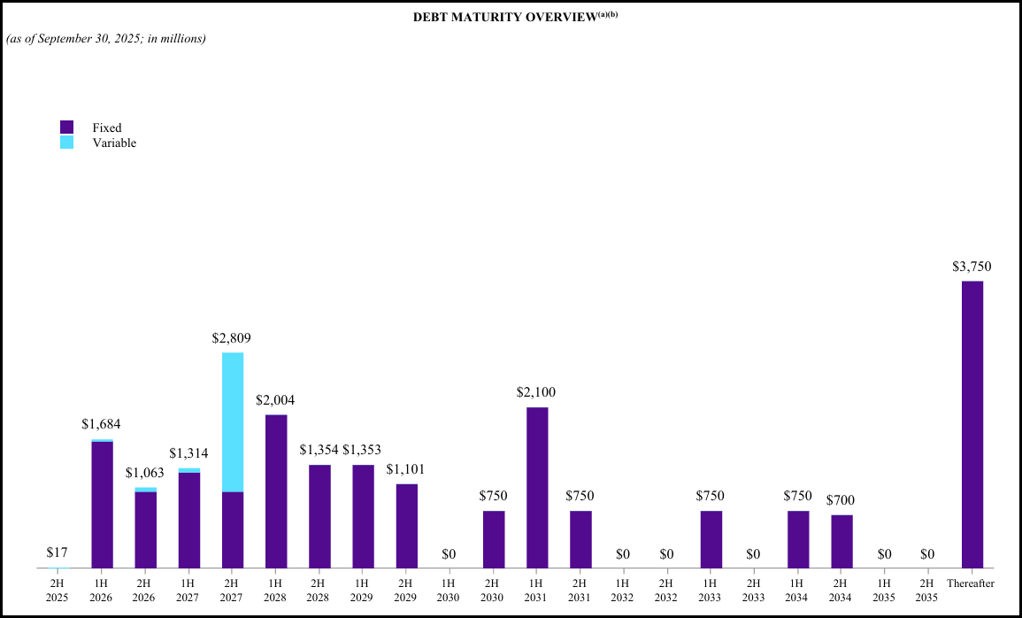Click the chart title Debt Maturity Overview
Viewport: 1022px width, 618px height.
[x=509, y=18]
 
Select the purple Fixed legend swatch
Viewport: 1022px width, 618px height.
[x=67, y=127]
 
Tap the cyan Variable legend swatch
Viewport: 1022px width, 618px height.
[x=67, y=142]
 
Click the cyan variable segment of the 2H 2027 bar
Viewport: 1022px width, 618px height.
[x=233, y=421]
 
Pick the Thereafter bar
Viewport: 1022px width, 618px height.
[x=972, y=424]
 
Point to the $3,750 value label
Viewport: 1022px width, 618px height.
[x=972, y=267]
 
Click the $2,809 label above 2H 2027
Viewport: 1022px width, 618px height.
[x=232, y=338]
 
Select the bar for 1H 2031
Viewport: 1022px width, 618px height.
[x=537, y=487]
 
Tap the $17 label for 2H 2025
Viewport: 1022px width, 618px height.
[x=57, y=553]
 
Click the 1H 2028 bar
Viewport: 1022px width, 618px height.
[x=276, y=491]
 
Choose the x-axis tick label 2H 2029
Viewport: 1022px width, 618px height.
[x=406, y=590]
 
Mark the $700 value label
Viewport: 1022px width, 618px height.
[x=841, y=500]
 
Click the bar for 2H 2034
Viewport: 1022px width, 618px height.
[x=841, y=541]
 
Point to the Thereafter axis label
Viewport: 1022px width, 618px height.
[x=971, y=583]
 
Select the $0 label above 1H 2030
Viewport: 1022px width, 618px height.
[x=450, y=554]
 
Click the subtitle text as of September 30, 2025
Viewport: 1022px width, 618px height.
[x=106, y=39]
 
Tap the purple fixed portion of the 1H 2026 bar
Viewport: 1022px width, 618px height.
[x=103, y=504]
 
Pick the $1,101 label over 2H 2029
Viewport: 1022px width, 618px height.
[x=406, y=469]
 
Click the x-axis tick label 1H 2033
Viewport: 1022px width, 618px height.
[x=711, y=590]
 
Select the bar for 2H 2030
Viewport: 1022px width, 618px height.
[x=494, y=538]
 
